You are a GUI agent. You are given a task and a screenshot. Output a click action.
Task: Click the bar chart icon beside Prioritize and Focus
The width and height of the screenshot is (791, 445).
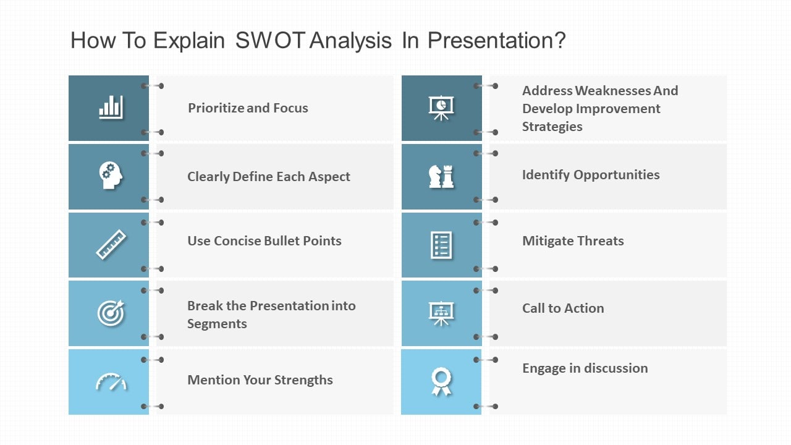tap(111, 108)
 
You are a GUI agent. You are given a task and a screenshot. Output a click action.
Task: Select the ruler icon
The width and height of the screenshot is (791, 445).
tap(111, 244)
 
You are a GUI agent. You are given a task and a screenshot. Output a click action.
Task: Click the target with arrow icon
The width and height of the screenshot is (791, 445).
tap(111, 313)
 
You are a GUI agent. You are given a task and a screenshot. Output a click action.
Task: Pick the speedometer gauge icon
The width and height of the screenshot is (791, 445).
tap(111, 382)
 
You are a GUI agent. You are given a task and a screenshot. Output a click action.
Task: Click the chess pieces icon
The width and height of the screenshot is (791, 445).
tap(441, 176)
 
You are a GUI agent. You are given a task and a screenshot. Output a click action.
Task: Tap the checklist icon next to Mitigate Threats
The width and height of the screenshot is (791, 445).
tap(441, 245)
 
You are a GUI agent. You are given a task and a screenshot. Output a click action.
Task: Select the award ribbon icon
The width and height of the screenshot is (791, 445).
tap(441, 381)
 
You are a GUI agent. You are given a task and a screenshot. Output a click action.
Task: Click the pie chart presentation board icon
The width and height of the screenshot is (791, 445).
tap(441, 108)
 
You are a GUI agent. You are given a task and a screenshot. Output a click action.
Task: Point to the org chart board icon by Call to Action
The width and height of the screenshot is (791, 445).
tap(441, 313)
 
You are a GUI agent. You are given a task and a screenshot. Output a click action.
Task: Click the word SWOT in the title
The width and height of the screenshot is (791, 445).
tap(270, 41)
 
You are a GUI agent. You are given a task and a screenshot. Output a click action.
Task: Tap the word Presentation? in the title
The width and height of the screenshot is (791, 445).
tap(496, 41)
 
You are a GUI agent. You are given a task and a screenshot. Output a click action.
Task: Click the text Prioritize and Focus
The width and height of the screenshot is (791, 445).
tap(248, 108)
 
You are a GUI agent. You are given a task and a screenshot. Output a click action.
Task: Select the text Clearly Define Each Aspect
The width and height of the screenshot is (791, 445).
tap(269, 177)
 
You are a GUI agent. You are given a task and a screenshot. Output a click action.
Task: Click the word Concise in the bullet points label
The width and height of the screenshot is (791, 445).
tap(237, 241)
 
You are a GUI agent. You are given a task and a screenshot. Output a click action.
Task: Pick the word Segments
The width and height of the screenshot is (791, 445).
tap(217, 324)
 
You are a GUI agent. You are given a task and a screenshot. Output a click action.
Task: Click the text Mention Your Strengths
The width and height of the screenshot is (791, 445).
tap(260, 380)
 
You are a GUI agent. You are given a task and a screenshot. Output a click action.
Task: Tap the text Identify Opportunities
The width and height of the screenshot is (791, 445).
tap(591, 175)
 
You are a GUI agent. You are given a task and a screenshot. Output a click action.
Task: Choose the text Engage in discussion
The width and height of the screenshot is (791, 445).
tap(585, 368)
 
